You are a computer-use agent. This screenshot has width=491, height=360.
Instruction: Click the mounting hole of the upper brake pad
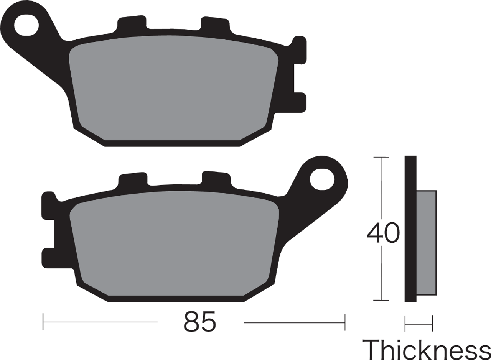26,26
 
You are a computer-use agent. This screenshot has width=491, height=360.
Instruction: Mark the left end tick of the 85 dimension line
43,322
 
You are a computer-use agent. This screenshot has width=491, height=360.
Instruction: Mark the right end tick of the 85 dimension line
345,322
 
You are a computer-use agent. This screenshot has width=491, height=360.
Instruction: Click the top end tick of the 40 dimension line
382,157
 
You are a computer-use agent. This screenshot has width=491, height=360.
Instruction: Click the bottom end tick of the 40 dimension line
382,300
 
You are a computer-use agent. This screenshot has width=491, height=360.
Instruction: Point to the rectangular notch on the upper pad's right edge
300,79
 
